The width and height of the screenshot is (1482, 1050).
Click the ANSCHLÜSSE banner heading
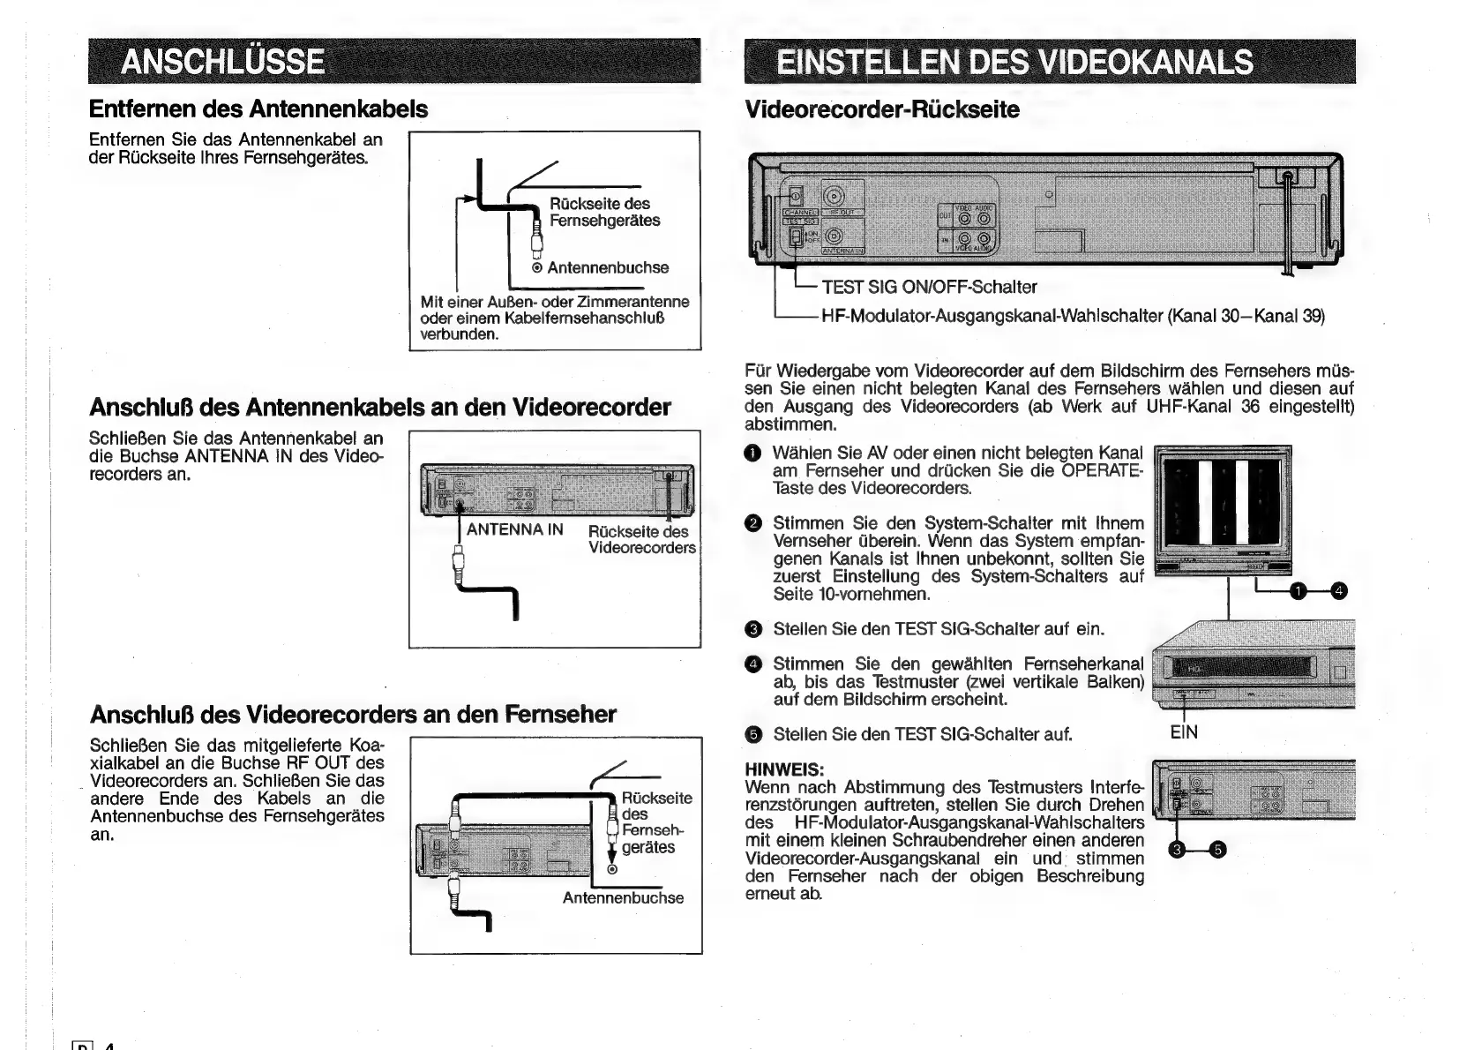pos(222,62)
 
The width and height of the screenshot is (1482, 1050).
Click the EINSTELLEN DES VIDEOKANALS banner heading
pos(1014,62)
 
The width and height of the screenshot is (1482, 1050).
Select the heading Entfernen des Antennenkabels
pos(258,109)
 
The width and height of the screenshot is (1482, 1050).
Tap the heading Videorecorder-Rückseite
pos(882,110)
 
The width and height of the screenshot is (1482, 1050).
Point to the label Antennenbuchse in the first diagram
pos(607,267)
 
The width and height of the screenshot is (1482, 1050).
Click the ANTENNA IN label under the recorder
pos(514,529)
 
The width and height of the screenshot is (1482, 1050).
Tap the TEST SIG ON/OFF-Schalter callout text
pos(929,287)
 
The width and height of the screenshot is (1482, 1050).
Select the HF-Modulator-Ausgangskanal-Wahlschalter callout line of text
pos(1073,316)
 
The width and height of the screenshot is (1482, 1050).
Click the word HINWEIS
pos(784,769)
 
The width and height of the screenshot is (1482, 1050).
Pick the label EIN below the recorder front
pos(1184,732)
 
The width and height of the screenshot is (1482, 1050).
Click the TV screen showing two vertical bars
pos(1223,502)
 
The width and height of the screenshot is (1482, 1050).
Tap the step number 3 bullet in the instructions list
pos(752,630)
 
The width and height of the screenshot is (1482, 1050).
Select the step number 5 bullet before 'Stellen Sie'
pos(752,735)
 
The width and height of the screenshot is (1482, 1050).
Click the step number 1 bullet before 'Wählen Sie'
pos(752,454)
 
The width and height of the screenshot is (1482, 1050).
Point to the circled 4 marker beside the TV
pos(1339,591)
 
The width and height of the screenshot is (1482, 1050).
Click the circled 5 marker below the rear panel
pos(1218,850)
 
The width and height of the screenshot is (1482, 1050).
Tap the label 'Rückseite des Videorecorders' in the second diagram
pos(641,539)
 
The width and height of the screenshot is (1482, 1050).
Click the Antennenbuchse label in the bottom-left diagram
pos(623,898)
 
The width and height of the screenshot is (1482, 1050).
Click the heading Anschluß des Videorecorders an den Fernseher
pos(353,714)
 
